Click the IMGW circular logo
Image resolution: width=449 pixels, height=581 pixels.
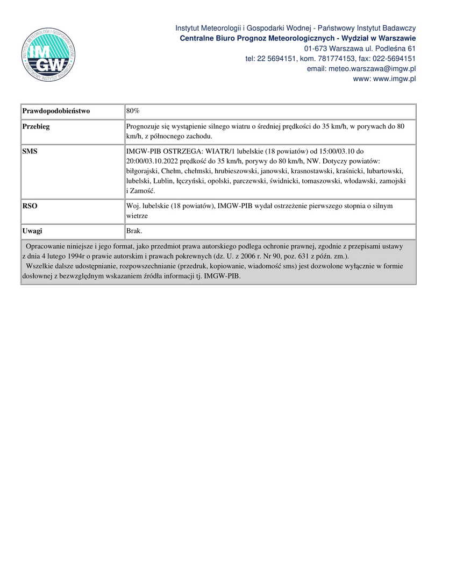pos(48,55)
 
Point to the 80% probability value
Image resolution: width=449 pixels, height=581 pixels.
pos(133,111)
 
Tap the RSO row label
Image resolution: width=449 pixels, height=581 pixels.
pos(30,206)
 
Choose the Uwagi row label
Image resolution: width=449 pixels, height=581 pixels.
pos(32,231)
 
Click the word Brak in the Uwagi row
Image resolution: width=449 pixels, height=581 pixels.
pos(134,231)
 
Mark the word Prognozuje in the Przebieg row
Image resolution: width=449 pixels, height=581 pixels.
pos(145,126)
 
